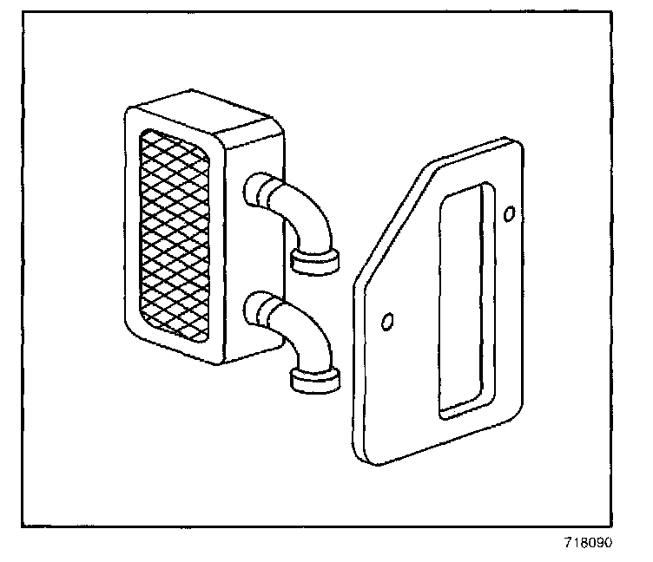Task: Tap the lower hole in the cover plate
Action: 388,323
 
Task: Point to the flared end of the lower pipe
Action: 313,379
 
